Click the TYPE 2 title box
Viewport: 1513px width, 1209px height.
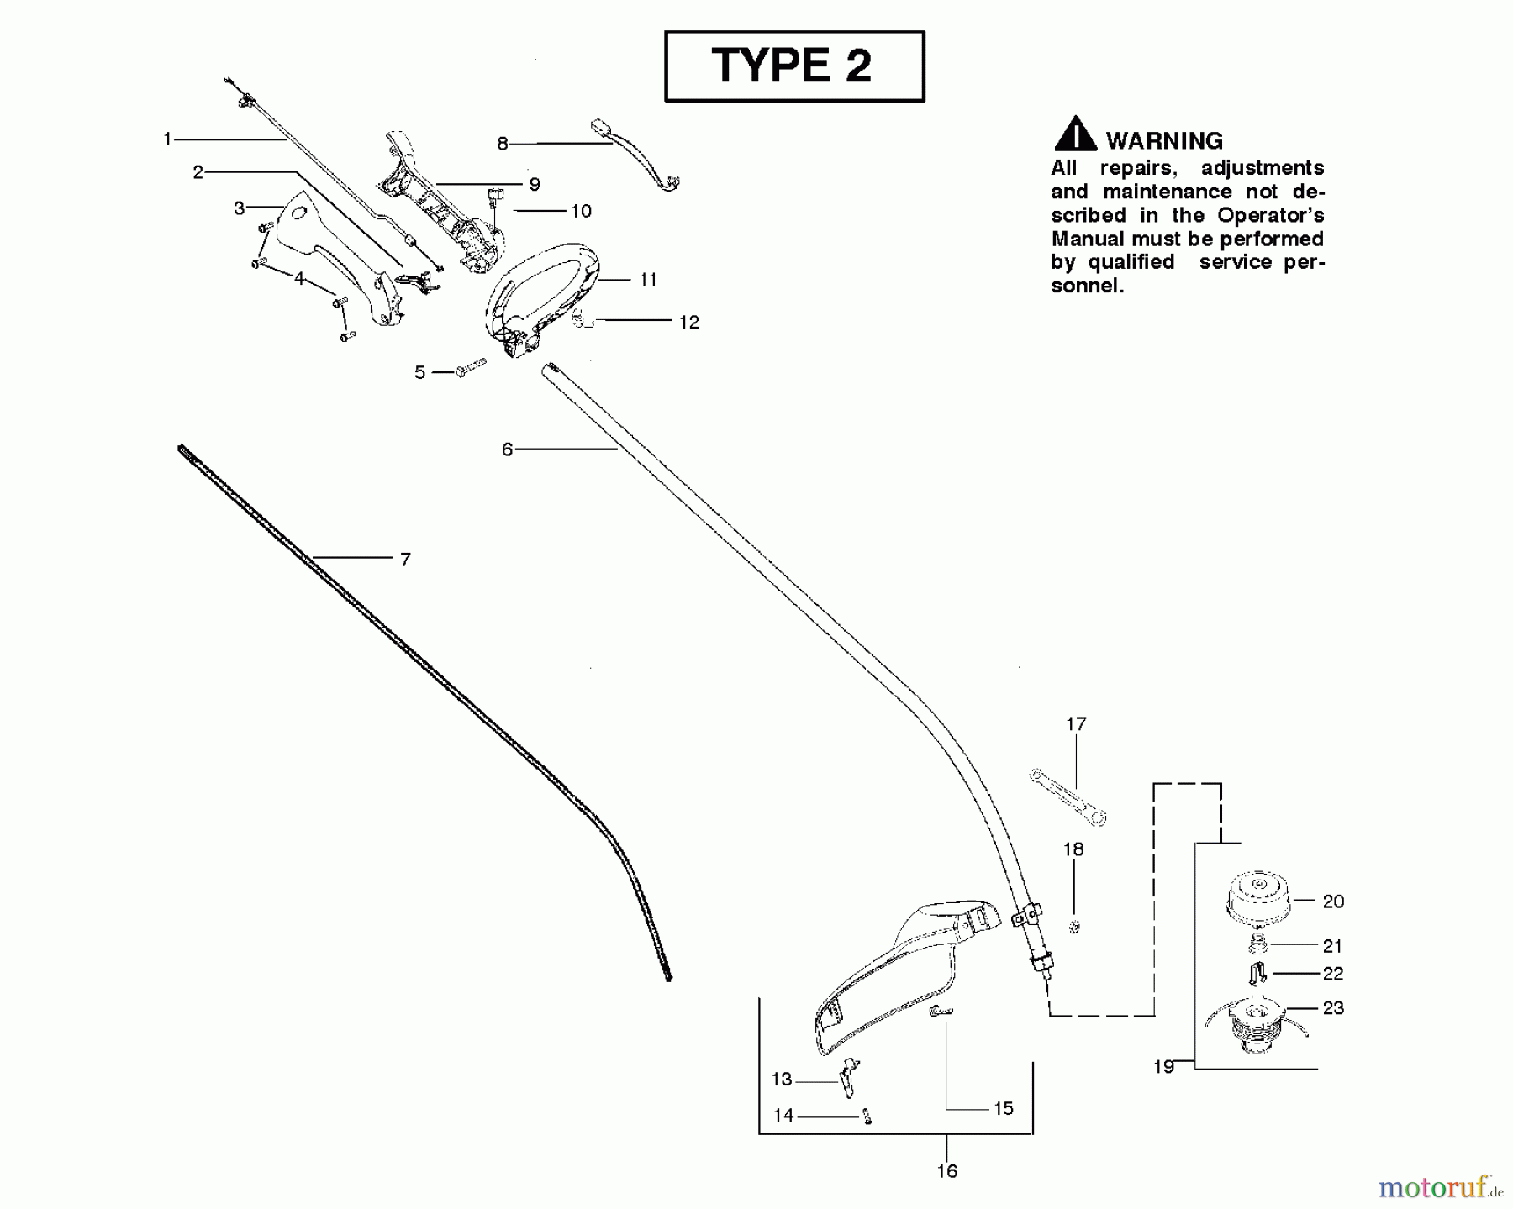click(x=793, y=66)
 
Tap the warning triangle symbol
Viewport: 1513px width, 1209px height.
click(x=1075, y=135)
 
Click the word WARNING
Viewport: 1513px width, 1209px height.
click(x=1164, y=141)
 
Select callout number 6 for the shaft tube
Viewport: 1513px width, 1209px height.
click(x=507, y=449)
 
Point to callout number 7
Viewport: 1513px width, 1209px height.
click(x=405, y=560)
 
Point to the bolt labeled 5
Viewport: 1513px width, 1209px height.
click(x=472, y=368)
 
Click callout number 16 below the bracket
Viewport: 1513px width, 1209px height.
click(x=947, y=1171)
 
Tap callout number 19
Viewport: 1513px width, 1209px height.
click(x=1163, y=1067)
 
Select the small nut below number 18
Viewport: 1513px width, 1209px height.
click(x=1074, y=926)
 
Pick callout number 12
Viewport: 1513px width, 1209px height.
click(x=689, y=322)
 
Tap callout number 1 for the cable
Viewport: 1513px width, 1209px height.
click(x=167, y=139)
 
